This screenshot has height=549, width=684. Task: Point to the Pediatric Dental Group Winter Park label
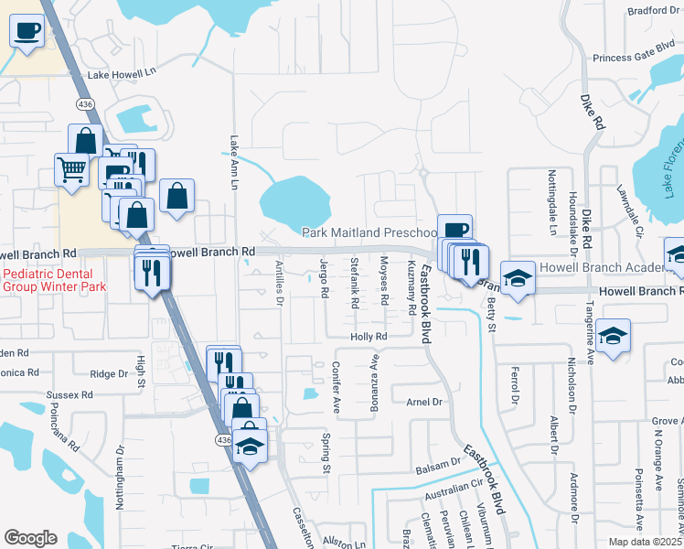(x=54, y=280)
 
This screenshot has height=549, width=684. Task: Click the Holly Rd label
(x=369, y=337)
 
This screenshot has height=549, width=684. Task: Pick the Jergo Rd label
(x=325, y=278)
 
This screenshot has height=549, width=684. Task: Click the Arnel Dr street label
(x=423, y=402)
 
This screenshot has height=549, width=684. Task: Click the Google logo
(x=30, y=538)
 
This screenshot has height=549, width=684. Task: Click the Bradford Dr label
(x=654, y=11)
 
